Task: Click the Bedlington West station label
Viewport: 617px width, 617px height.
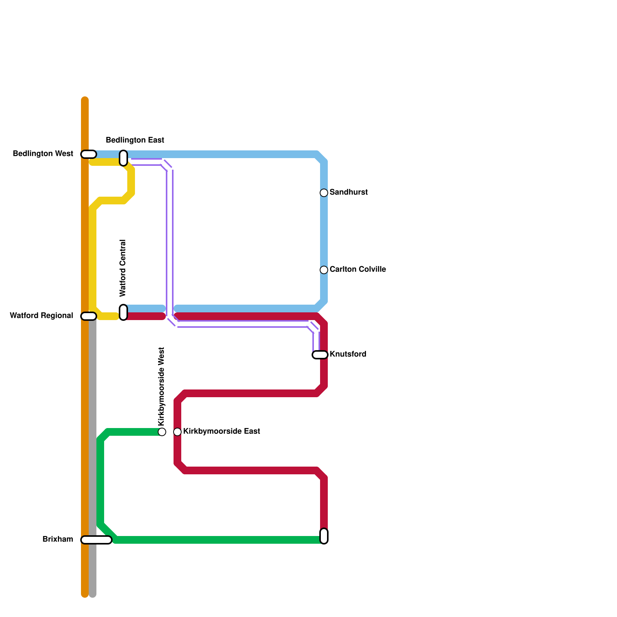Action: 43,154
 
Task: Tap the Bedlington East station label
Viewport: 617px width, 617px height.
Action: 135,140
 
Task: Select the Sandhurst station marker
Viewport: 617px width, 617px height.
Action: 324,193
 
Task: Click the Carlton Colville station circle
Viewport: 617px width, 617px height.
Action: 324,270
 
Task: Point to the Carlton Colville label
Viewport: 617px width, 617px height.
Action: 357,270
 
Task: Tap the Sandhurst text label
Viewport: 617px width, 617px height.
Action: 348,192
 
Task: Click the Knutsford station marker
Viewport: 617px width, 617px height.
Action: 320,355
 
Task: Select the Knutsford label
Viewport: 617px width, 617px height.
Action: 348,354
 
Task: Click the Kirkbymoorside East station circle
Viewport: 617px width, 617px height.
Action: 177,432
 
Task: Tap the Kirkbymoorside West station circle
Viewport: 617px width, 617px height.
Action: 162,432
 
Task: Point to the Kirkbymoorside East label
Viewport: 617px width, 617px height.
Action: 221,432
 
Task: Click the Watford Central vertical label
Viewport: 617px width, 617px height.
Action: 123,268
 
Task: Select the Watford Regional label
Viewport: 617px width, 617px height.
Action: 41,316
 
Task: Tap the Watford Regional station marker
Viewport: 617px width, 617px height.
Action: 89,316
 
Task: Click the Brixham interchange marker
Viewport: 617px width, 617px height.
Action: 96,540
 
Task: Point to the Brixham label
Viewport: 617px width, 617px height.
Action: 57,539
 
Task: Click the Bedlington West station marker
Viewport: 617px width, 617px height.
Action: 89,154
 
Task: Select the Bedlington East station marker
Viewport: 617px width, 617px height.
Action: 123,158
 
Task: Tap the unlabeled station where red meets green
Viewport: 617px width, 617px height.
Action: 324,536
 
